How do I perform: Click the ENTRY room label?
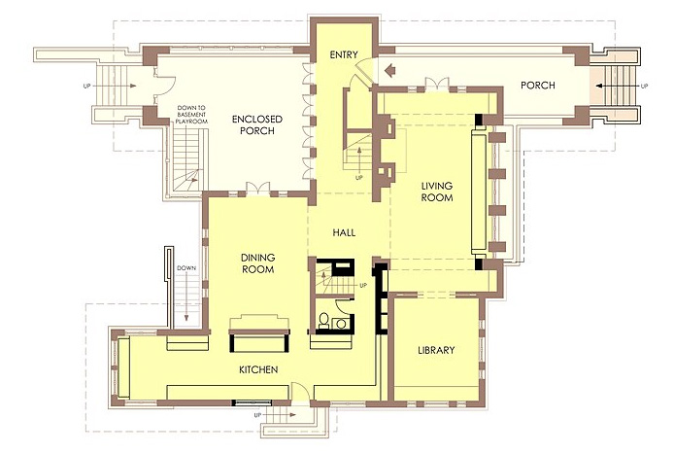point(344,54)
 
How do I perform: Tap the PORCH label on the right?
point(538,86)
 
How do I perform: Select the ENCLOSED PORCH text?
point(257,124)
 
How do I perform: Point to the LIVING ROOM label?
point(437,192)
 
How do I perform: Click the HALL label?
point(344,232)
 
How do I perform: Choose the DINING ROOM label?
point(258,263)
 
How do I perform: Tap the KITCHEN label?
point(258,369)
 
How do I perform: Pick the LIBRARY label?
point(436,350)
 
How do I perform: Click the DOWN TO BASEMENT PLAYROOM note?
point(191,115)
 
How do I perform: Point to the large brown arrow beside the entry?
point(389,70)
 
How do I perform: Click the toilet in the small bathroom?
point(324,321)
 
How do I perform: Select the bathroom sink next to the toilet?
point(341,323)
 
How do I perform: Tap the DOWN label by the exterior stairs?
point(186,268)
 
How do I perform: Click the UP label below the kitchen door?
point(257,415)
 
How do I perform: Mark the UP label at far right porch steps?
point(644,87)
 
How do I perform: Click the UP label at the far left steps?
point(86,87)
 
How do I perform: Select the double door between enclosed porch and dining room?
point(258,190)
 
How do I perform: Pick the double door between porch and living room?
point(437,85)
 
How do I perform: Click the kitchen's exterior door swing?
point(298,393)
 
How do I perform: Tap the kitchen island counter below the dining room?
point(259,340)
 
